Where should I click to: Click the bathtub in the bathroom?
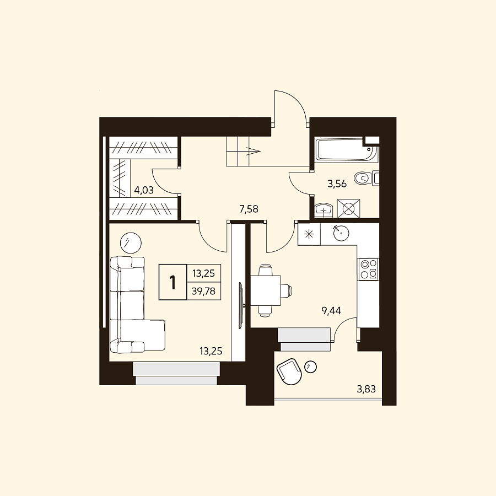(347, 149)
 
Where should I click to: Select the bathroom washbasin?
(324, 210)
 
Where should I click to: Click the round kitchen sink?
(341, 233)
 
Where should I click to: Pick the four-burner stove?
(368, 269)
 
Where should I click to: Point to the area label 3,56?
(337, 184)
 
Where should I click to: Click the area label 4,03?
(144, 190)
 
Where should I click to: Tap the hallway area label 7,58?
(249, 209)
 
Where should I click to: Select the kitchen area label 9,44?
(331, 311)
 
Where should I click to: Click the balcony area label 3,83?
(366, 389)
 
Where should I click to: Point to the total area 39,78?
(203, 291)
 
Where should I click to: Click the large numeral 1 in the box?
(172, 283)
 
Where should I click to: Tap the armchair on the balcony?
(289, 371)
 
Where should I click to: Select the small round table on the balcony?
(310, 367)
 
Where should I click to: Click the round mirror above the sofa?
(131, 243)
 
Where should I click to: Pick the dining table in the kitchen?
(266, 290)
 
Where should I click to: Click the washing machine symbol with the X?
(349, 208)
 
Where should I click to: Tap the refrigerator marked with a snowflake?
(309, 234)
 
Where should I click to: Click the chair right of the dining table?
(286, 290)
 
